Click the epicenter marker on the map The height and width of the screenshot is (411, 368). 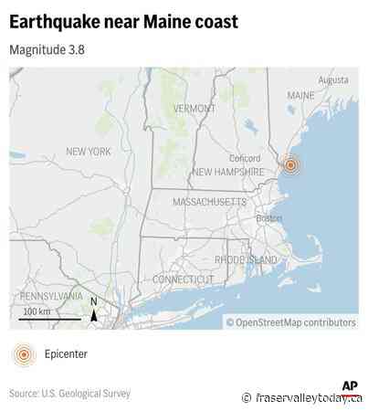coord(290,165)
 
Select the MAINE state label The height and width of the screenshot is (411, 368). coord(300,96)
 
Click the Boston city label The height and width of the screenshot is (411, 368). coord(268,218)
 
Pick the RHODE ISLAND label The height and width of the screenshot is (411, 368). coord(245,260)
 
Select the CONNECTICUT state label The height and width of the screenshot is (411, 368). coord(184,279)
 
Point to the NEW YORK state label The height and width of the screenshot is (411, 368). coord(88,152)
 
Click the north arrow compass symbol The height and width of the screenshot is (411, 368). coord(93,311)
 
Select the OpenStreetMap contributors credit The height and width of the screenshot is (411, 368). coord(290,321)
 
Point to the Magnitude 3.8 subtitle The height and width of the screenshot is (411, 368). coord(47,49)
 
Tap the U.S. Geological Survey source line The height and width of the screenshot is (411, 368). coord(70,394)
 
